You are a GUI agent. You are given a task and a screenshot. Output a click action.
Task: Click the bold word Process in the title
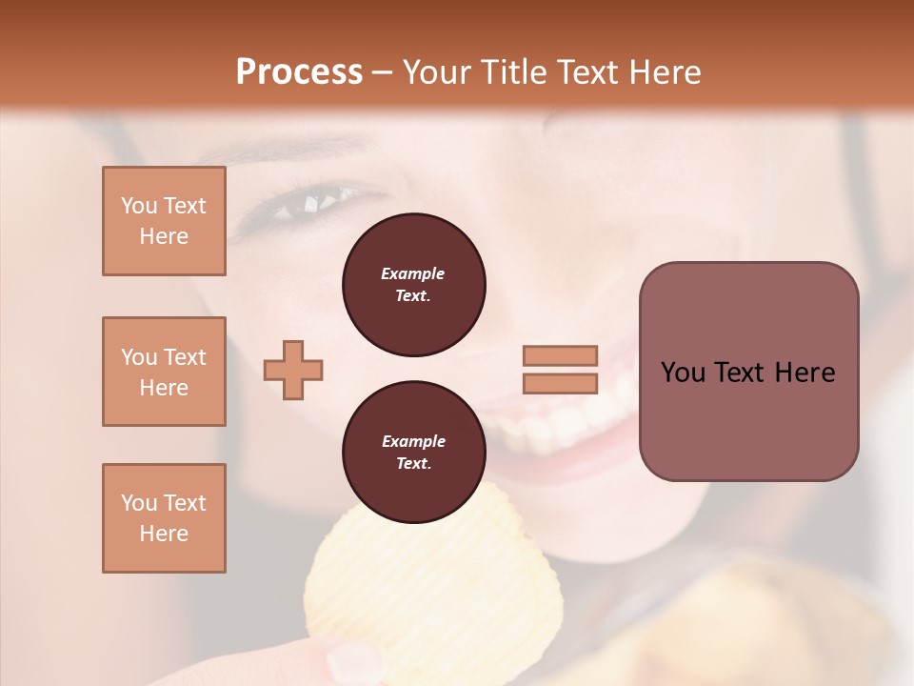299,71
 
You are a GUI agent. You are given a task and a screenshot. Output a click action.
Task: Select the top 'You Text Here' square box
164,221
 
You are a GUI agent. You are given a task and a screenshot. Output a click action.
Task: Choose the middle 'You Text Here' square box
164,372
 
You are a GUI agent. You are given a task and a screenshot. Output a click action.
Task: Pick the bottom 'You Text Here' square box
164,518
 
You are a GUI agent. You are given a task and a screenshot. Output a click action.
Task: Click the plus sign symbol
293,370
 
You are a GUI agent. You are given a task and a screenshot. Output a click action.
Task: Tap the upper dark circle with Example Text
413,285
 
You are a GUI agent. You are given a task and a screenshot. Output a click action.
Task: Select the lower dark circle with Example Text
413,453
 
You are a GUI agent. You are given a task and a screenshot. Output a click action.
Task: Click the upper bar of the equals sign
560,355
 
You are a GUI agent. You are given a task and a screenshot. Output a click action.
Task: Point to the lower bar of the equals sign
560,384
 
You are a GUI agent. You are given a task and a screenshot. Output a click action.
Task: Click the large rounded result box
748,372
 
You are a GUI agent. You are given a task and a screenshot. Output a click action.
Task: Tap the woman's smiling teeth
562,419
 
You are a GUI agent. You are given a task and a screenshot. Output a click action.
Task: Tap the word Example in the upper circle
413,273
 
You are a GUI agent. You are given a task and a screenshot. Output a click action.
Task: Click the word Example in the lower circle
413,441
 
